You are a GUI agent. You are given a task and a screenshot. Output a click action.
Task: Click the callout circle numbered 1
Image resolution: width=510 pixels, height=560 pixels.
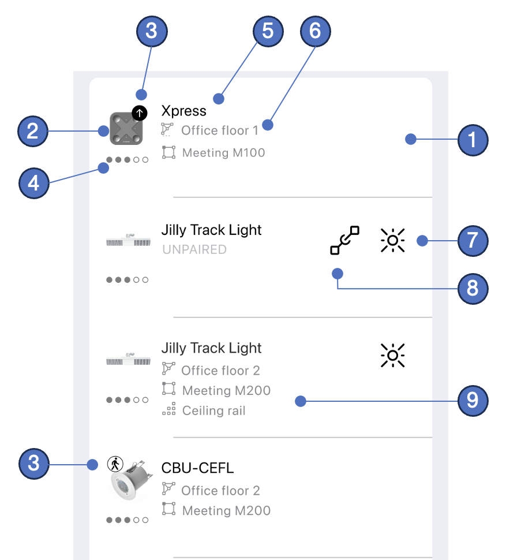(472, 139)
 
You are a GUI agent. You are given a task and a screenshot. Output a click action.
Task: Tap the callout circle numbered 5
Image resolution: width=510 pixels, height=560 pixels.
(268, 31)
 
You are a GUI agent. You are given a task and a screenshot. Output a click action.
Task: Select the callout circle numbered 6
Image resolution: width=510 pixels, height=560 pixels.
(315, 31)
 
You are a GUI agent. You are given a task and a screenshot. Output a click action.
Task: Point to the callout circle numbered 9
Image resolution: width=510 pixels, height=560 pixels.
(472, 400)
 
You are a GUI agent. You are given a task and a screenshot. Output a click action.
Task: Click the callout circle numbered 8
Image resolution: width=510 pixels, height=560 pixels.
(472, 288)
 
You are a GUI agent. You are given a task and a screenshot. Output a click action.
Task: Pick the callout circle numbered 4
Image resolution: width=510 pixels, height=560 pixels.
(33, 184)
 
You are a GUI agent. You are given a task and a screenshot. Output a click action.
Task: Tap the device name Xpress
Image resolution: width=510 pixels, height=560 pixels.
(183, 111)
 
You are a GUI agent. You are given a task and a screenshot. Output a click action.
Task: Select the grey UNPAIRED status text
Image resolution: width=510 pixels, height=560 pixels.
(194, 250)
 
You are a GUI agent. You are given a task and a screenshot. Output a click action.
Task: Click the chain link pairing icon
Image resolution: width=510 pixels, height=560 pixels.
(344, 240)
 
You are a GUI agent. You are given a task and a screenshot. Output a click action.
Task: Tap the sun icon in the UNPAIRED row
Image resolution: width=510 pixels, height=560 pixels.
(392, 240)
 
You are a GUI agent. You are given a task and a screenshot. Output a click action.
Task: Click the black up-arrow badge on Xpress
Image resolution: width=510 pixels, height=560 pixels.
(139, 114)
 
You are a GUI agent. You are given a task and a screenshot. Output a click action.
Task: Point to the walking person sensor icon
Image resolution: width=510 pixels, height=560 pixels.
(115, 464)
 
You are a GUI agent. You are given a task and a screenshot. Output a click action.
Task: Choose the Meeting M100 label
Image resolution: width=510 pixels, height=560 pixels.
(223, 153)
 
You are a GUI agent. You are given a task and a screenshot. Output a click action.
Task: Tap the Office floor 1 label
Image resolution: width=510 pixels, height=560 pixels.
(219, 130)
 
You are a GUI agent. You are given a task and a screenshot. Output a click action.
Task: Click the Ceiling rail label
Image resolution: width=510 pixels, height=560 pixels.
(213, 411)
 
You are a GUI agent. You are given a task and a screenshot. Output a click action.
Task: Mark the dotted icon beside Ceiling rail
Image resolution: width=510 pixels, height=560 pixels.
(168, 410)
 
